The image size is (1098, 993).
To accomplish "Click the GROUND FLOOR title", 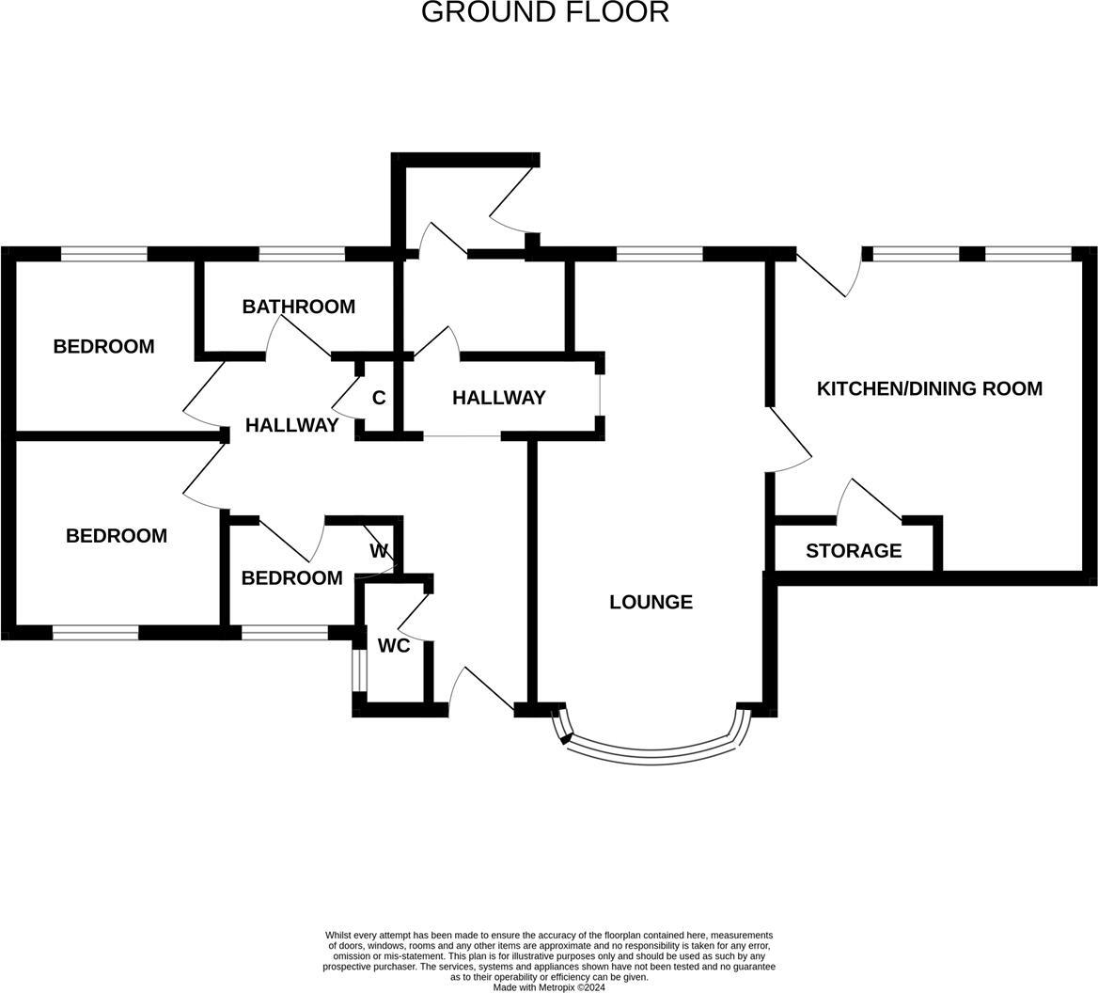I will [544, 12].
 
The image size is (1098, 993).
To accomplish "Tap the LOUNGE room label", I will [651, 602].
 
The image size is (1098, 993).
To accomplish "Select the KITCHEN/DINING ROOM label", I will [929, 388].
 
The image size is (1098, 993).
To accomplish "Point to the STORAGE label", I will [854, 551].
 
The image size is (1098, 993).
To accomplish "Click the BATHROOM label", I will [298, 307].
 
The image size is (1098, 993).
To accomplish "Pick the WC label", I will [394, 646].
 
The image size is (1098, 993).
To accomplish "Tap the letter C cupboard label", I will [379, 398].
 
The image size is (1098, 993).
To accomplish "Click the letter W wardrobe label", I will [379, 551].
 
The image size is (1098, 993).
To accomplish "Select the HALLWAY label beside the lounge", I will [498, 398].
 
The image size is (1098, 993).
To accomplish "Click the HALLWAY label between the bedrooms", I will [291, 425].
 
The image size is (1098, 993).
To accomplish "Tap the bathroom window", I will [302, 253].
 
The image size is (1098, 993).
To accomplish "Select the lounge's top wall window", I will [659, 253].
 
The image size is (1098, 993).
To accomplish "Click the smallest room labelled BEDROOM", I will [291, 578].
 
